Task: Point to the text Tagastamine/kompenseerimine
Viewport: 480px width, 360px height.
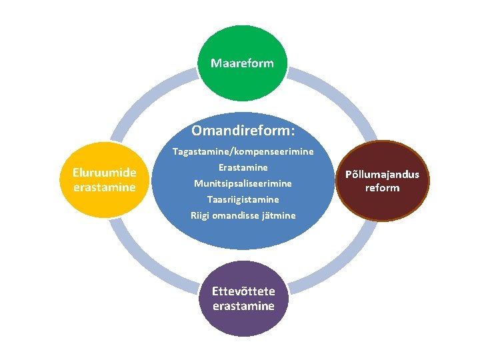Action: [x=243, y=152]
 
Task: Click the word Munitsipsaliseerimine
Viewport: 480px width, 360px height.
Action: [x=243, y=183]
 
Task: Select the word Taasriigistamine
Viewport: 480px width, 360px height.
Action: [x=243, y=199]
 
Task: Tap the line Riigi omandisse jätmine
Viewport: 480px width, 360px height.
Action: [x=243, y=215]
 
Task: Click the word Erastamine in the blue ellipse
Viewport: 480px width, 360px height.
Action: [x=243, y=167]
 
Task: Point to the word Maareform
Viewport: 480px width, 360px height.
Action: [x=242, y=63]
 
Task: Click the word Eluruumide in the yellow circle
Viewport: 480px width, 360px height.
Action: [x=104, y=173]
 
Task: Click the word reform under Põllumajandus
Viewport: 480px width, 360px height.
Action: [x=382, y=188]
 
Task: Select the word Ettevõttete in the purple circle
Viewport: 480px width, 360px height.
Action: [x=243, y=292]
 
